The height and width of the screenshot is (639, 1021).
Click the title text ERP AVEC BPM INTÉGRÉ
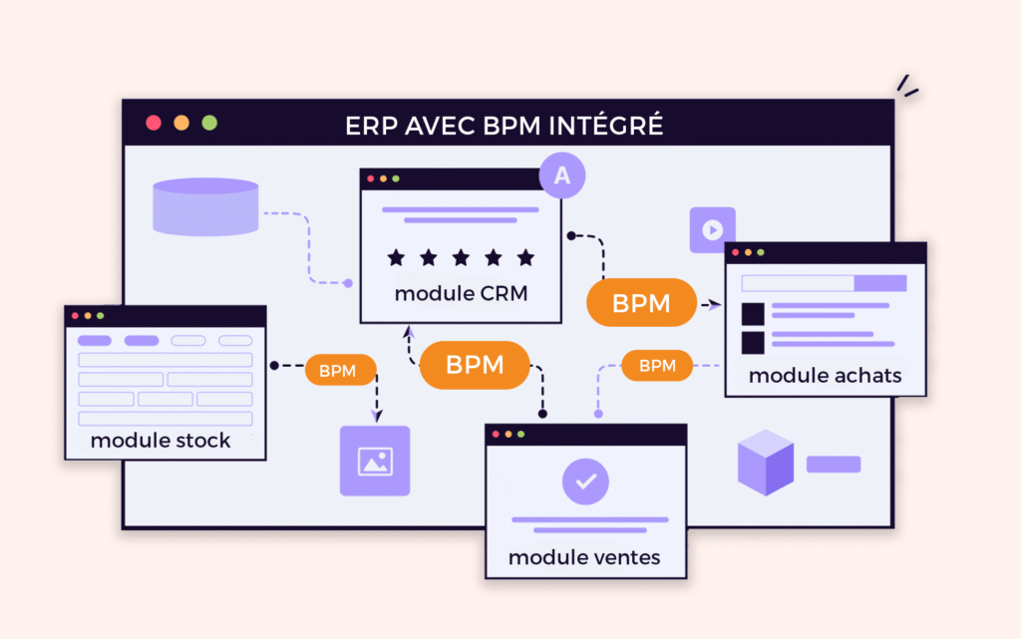point(504,127)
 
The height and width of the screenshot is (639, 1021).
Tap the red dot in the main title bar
point(154,123)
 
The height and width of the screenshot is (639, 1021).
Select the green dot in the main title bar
point(209,123)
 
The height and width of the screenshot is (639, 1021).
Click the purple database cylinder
point(205,206)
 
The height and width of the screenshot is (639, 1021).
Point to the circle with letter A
point(562,175)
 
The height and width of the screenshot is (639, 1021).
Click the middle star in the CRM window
point(461,258)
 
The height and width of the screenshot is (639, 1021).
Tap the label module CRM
point(461,294)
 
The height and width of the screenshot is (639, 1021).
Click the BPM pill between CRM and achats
point(642,303)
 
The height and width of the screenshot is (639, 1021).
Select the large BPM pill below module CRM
point(475,365)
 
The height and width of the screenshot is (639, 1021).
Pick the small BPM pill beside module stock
point(337,371)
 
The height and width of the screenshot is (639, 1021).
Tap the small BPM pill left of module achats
point(657,366)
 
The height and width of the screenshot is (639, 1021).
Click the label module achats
point(825,376)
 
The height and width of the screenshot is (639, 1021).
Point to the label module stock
point(161,441)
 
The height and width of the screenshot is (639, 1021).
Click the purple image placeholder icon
point(375,461)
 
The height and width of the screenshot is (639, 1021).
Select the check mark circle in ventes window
point(585,480)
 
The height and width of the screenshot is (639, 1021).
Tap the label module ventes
point(584,557)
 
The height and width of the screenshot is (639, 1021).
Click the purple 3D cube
point(766,463)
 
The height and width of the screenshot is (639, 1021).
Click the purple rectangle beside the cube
point(834,464)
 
